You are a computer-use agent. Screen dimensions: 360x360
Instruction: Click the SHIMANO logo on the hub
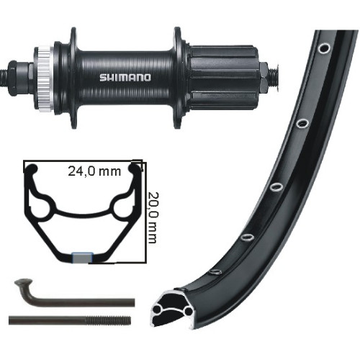click(x=125, y=78)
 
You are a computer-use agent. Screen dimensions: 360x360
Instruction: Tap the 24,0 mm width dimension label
click(x=94, y=171)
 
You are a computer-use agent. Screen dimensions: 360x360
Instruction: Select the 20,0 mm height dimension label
click(x=152, y=217)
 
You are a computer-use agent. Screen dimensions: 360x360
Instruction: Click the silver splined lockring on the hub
click(x=44, y=78)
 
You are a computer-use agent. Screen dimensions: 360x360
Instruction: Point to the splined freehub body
click(x=225, y=77)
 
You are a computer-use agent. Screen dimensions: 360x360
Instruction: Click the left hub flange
click(x=73, y=78)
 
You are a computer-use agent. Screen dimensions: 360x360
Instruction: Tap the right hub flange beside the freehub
click(x=178, y=78)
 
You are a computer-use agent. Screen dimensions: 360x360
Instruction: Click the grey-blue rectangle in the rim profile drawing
click(x=83, y=258)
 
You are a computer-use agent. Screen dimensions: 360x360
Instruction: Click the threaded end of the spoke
click(x=109, y=320)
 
